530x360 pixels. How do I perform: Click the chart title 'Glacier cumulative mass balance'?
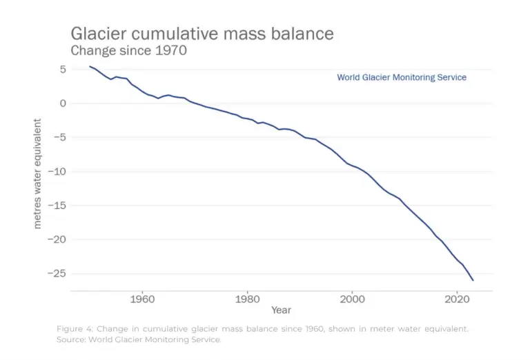202,33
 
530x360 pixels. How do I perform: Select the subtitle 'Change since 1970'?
129,50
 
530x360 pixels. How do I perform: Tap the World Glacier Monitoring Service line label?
401,77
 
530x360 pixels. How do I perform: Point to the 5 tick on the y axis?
62,70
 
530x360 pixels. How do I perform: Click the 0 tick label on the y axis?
62,103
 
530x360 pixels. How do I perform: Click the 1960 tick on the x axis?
141,299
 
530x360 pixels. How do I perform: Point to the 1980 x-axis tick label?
246,299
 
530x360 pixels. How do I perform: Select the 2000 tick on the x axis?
351,299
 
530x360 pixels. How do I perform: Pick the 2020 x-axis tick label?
456,299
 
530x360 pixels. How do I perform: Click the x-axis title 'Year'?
281,310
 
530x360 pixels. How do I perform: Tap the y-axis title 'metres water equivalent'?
38,174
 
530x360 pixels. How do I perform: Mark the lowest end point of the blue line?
473,280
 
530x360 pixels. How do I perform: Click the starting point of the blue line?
90,66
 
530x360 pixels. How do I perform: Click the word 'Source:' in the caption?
74,339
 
